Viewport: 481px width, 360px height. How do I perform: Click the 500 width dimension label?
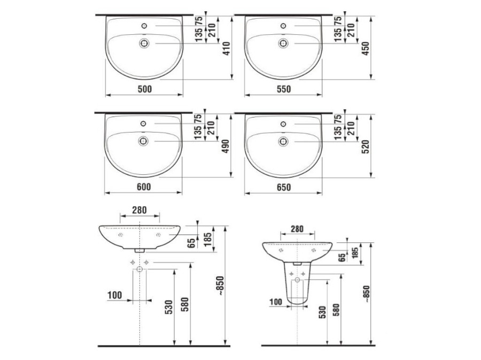pyautogui.click(x=144, y=89)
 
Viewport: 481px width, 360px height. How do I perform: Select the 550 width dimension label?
pyautogui.click(x=284, y=89)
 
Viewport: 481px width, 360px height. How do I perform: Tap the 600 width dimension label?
pyautogui.click(x=144, y=187)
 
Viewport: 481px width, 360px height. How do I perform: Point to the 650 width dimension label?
pyautogui.click(x=284, y=187)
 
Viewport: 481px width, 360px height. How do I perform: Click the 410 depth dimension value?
pyautogui.click(x=227, y=48)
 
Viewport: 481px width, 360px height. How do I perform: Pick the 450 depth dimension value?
pyautogui.click(x=366, y=48)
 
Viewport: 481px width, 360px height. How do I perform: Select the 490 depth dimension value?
pyautogui.click(x=226, y=147)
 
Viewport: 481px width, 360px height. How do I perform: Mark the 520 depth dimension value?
pyautogui.click(x=366, y=147)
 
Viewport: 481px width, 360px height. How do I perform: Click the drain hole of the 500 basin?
pyautogui.click(x=144, y=43)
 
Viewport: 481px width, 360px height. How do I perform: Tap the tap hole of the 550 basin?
pyautogui.click(x=283, y=26)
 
